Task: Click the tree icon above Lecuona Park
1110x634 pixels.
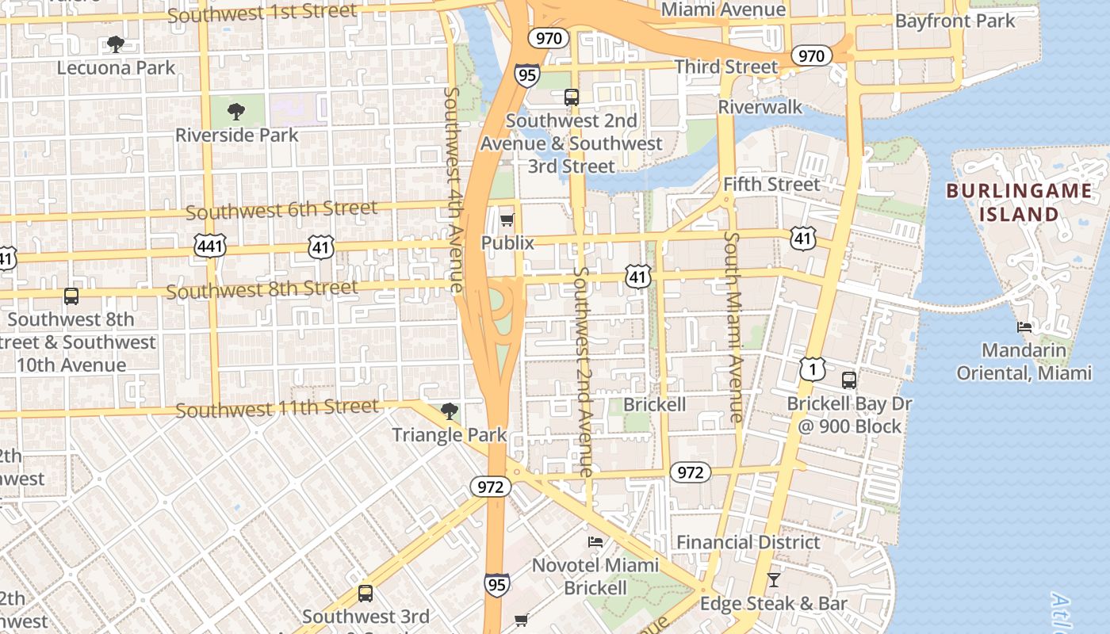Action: [116, 44]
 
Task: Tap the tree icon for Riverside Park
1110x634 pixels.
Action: [235, 111]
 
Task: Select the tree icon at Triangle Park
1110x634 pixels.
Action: [449, 411]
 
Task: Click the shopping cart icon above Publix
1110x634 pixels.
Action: [507, 220]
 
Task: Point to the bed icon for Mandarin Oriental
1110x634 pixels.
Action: [1024, 327]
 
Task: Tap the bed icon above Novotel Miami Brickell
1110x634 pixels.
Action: [595, 541]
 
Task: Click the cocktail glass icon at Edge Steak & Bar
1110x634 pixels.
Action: [774, 580]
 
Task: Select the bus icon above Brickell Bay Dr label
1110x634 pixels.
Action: [849, 380]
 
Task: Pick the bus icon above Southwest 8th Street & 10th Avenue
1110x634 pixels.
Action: [71, 296]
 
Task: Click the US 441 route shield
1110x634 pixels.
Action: [210, 247]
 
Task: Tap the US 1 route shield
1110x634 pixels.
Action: [812, 369]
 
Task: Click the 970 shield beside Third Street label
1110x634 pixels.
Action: [811, 55]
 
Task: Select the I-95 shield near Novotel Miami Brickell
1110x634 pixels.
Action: [497, 585]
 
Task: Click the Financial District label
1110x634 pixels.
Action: [748, 542]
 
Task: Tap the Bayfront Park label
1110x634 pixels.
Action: [955, 21]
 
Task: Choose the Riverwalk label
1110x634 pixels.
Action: [760, 107]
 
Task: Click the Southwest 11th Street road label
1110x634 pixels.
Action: [277, 409]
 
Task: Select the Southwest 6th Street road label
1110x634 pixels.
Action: [281, 211]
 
